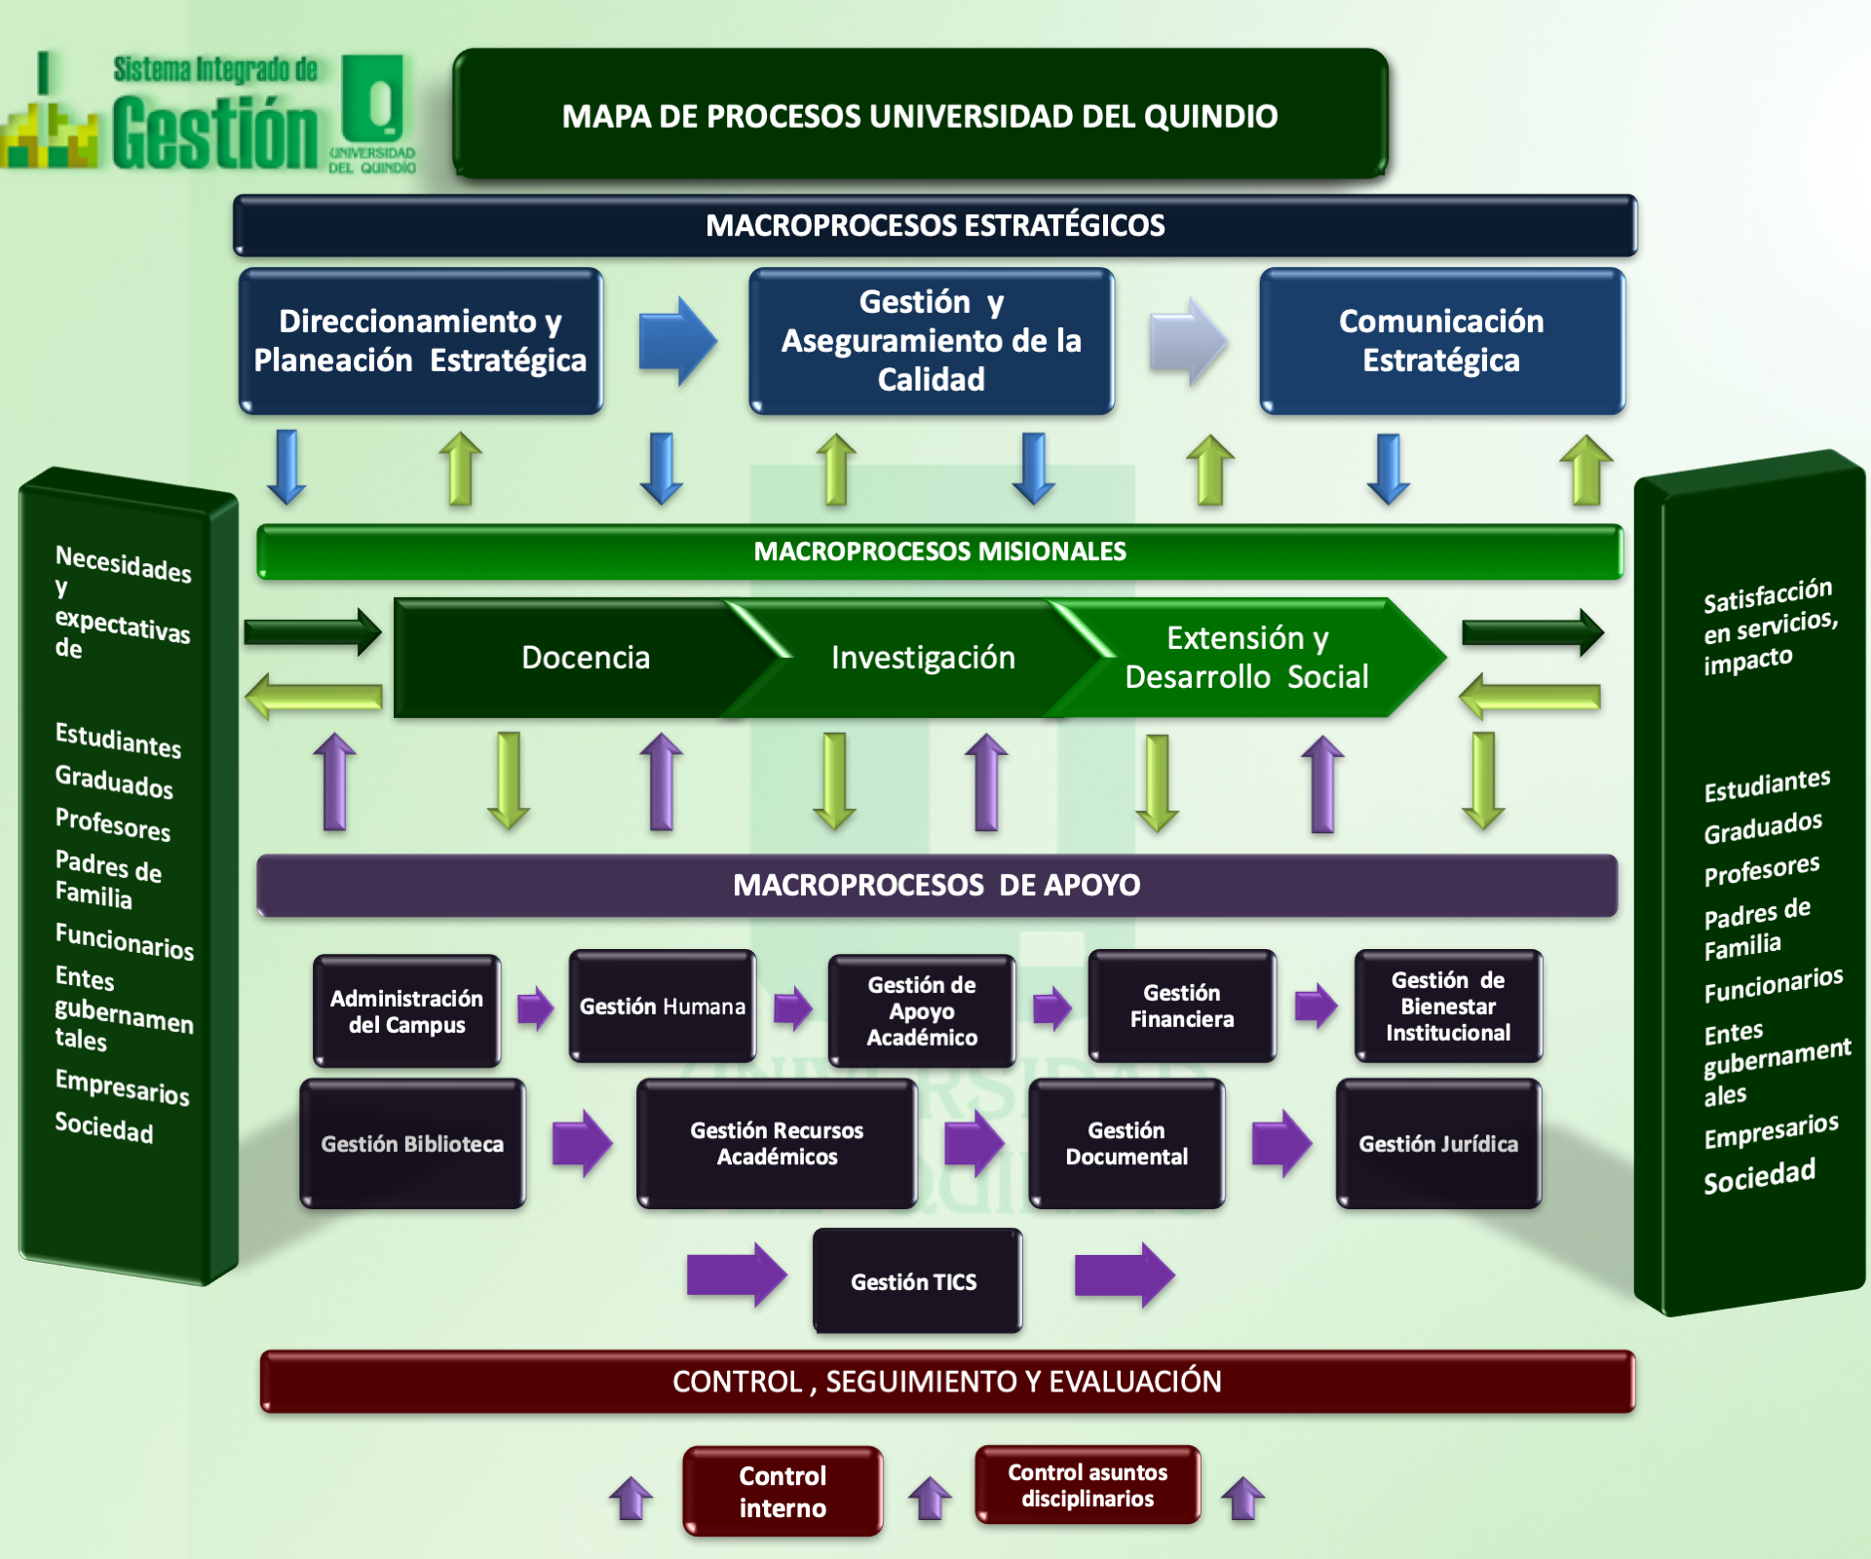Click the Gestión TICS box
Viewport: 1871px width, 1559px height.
(x=917, y=1280)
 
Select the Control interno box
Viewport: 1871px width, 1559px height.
(x=783, y=1491)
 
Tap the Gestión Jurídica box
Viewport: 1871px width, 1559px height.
(x=1438, y=1144)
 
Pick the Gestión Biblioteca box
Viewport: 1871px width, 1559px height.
(x=412, y=1144)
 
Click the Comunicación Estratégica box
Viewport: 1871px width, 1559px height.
(x=1441, y=341)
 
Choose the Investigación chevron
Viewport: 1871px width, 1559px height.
(x=922, y=658)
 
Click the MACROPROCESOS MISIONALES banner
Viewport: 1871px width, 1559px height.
(x=939, y=551)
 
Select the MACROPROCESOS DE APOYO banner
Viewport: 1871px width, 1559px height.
(x=936, y=885)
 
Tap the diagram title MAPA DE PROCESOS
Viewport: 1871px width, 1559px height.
(x=920, y=115)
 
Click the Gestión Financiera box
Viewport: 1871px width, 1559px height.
(x=1182, y=1007)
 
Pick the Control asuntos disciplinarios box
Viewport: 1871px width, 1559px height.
(x=1088, y=1485)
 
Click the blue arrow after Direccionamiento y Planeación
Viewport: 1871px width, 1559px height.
(x=677, y=341)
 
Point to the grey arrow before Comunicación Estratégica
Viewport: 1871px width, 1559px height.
(x=1187, y=341)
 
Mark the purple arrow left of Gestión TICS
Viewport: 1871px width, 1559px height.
(x=736, y=1274)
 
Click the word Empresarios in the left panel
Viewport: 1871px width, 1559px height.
(x=122, y=1086)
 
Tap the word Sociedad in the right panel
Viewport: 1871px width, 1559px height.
(x=1759, y=1176)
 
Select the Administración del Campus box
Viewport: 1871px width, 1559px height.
(x=406, y=1011)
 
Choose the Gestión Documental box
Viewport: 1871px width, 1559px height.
(x=1126, y=1144)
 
